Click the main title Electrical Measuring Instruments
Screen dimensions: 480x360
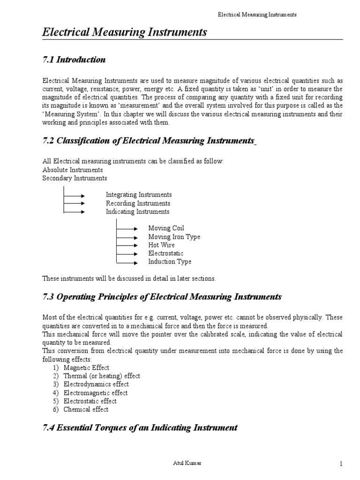(x=125, y=32)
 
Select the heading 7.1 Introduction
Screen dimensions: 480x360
(x=74, y=60)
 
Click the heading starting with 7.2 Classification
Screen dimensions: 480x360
(x=149, y=141)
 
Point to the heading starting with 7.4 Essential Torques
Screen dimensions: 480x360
(x=140, y=427)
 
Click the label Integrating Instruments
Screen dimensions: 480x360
(x=139, y=195)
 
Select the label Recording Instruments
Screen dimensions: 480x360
(x=138, y=203)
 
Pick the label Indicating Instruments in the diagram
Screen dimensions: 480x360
(x=137, y=212)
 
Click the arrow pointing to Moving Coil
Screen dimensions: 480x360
(x=127, y=228)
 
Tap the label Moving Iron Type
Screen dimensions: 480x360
(x=174, y=237)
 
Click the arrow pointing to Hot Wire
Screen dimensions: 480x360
(x=127, y=245)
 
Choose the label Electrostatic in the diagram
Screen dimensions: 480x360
(x=166, y=254)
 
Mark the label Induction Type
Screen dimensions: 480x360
(x=170, y=262)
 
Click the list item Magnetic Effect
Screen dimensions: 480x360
(x=87, y=368)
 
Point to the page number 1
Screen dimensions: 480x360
(x=341, y=464)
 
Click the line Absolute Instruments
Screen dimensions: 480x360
(x=73, y=170)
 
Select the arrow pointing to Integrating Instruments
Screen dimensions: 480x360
(x=74, y=195)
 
